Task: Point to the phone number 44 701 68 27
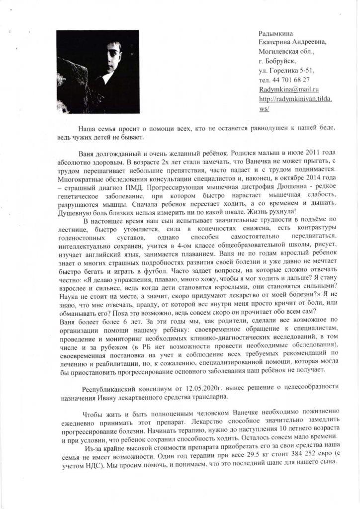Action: click(289, 80)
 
